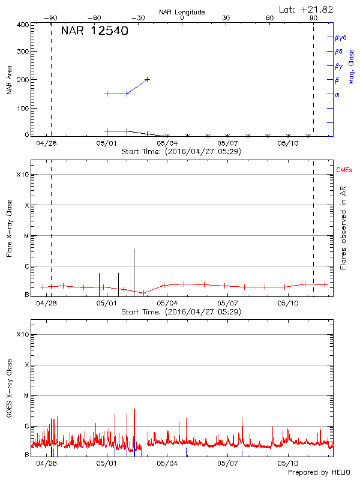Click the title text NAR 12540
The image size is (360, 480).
point(94,31)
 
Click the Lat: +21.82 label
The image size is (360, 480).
point(307,9)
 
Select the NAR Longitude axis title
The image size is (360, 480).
point(182,12)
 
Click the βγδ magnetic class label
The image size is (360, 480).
point(340,37)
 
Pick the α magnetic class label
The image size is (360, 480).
point(337,94)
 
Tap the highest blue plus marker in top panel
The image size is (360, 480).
point(147,79)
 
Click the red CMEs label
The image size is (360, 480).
point(344,171)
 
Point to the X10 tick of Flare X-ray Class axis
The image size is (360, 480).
point(22,175)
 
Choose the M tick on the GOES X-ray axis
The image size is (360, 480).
point(26,396)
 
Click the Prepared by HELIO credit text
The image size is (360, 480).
point(319,473)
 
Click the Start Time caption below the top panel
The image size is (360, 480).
point(181,152)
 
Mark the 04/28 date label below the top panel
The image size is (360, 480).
point(46,144)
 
